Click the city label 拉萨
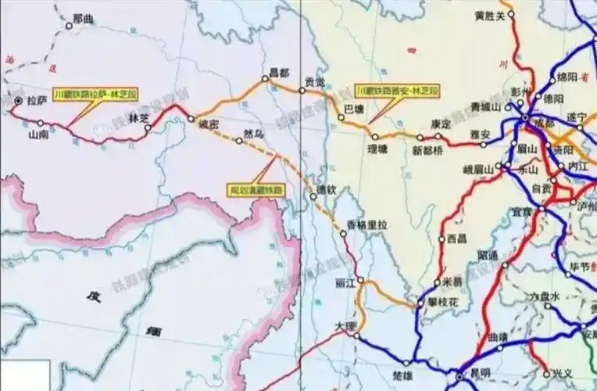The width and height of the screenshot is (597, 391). pos(38,100)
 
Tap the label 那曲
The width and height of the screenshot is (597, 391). pos(82,17)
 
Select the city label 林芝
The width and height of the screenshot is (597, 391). pos(138,117)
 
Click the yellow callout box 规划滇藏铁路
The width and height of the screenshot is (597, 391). pos(255,189)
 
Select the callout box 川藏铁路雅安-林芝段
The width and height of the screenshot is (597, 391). pos(397,91)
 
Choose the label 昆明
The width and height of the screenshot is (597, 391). pos(481,373)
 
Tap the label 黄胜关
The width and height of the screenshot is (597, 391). pos(490,15)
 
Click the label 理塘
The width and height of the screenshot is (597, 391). pos(378,147)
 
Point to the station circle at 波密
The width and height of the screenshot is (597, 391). pos(191,119)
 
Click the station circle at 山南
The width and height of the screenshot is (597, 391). pos(41,123)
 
